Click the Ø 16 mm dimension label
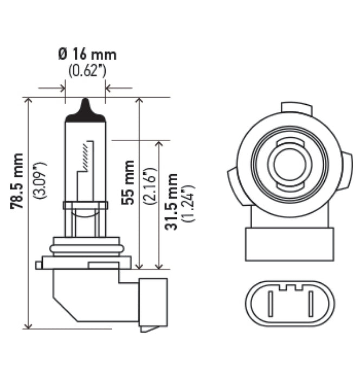tap(87, 55)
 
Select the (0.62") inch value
tap(87, 72)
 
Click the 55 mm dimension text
tap(128, 182)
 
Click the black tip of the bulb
tap(85, 106)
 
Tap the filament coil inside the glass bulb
tap(85, 157)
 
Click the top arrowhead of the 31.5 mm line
tap(159, 144)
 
